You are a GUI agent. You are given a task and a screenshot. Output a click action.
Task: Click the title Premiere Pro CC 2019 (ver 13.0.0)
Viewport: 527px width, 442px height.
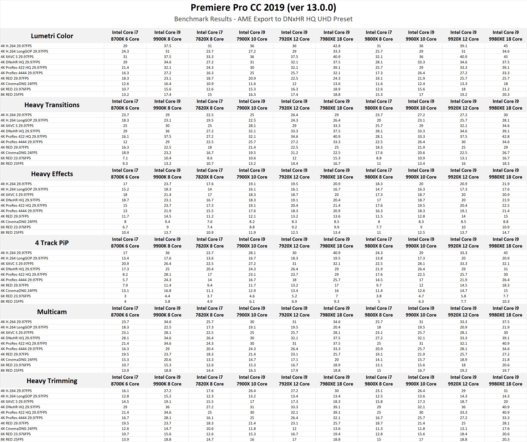click(263, 7)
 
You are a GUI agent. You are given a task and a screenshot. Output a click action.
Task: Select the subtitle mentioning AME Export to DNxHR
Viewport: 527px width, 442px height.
click(263, 19)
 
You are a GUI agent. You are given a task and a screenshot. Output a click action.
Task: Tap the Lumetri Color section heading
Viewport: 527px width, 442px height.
click(52, 36)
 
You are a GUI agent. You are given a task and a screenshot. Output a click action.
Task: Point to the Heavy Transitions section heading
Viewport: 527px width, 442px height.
click(52, 105)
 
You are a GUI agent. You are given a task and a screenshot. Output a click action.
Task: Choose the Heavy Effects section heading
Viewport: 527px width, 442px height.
click(52, 174)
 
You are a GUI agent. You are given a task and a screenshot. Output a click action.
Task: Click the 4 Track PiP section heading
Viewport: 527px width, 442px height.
click(52, 243)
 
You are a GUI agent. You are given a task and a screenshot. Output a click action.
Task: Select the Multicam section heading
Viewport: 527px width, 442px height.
click(52, 312)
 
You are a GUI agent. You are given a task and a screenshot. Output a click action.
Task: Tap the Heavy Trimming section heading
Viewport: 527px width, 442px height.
click(52, 381)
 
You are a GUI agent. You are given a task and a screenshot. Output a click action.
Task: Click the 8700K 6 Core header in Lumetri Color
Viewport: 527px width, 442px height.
click(125, 36)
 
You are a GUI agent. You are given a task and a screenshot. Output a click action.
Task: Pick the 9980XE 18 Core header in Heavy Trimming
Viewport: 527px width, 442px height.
click(505, 380)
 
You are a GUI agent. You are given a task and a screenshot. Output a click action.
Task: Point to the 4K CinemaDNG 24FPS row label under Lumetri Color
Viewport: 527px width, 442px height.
click(19, 84)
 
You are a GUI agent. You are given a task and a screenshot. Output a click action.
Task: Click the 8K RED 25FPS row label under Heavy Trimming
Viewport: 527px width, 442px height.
click(12, 439)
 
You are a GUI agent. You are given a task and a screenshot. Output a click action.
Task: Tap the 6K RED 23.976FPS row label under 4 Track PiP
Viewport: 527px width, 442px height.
click(16, 296)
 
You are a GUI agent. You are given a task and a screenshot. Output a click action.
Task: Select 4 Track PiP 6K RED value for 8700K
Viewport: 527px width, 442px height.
click(125, 296)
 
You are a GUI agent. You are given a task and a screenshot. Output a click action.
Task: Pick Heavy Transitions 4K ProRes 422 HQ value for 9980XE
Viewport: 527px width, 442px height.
click(505, 137)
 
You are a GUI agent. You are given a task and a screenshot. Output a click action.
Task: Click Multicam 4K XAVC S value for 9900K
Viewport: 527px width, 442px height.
click(167, 333)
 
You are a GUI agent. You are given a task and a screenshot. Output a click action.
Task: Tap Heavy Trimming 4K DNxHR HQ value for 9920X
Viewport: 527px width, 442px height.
click(463, 407)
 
